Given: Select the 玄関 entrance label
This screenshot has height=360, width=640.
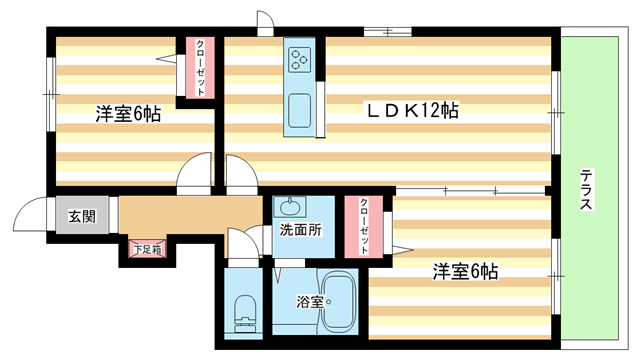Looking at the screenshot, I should pyautogui.click(x=82, y=215).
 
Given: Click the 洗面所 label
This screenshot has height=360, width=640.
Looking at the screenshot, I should pyautogui.click(x=301, y=229).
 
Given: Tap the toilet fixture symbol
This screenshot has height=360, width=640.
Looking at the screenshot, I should pyautogui.click(x=242, y=312).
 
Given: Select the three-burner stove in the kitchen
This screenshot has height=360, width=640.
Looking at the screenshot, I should pyautogui.click(x=299, y=59).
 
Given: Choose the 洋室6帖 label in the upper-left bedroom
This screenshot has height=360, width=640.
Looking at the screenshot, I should pyautogui.click(x=128, y=114).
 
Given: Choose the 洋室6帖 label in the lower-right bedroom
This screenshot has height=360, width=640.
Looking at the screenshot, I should pyautogui.click(x=465, y=271).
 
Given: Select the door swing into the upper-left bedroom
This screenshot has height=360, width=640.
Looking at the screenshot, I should pyautogui.click(x=195, y=173).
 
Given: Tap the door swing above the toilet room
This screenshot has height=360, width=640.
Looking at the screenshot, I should pyautogui.click(x=243, y=245).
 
